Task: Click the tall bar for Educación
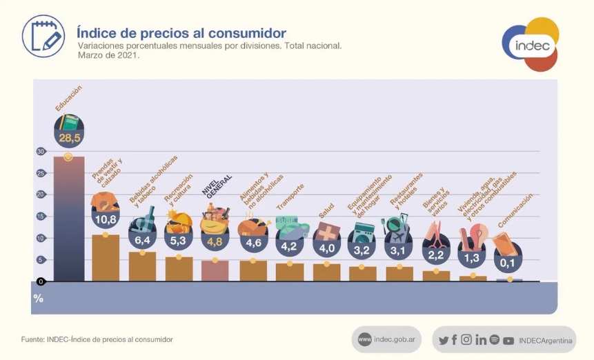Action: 68,219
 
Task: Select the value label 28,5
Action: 69,139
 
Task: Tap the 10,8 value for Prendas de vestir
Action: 105,219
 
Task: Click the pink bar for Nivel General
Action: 215,270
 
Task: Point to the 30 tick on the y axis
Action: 41,152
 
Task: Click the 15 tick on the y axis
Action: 41,217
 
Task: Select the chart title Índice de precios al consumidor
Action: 181,33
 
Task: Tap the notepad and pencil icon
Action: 43,36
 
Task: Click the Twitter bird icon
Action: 444,340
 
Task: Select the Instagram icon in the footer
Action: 466,340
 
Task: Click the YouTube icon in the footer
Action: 508,340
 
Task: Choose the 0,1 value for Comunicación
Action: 509,262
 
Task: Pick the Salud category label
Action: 326,210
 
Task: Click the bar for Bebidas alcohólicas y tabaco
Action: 142,266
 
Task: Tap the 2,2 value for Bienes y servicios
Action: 436,254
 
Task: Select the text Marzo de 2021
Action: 108,55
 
